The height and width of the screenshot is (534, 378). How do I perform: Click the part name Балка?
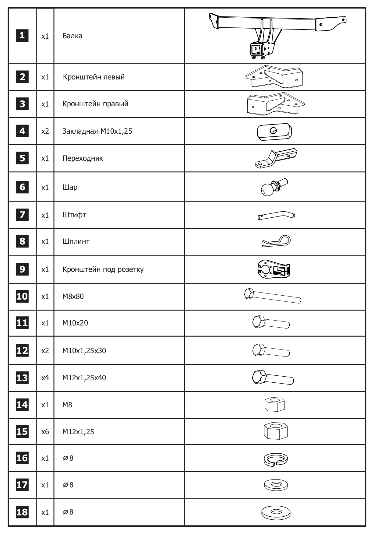tap(72, 36)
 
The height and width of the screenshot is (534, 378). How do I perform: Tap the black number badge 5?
tap(22, 158)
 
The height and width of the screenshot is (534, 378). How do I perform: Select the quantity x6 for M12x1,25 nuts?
tap(45, 432)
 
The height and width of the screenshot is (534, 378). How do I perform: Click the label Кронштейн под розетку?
tap(103, 269)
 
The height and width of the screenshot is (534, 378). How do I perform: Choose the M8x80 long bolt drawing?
tap(273, 296)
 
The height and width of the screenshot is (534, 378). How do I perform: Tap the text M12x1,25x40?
tap(84, 378)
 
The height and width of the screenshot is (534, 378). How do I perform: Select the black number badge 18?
tap(22, 512)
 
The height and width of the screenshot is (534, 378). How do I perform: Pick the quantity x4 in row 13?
tap(45, 378)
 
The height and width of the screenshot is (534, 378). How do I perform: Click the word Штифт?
tap(74, 215)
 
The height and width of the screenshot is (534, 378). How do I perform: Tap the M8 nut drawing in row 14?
tap(275, 405)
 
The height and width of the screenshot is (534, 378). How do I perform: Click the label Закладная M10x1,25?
tap(97, 131)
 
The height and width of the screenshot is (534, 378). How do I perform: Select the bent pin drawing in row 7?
tap(276, 216)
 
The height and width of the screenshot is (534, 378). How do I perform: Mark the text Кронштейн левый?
tap(94, 77)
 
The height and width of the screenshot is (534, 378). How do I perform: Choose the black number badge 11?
tap(22, 323)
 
